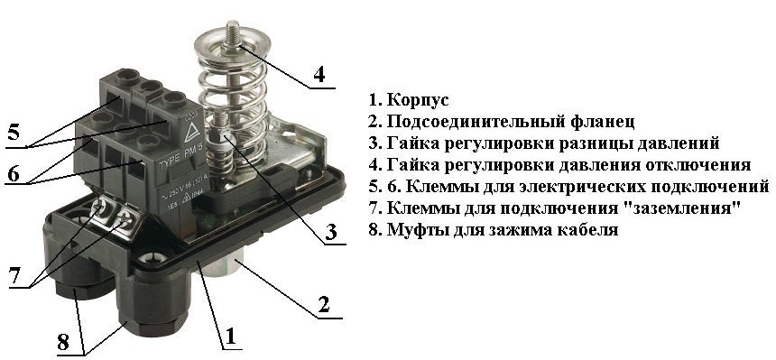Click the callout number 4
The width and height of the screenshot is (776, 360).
(319, 74)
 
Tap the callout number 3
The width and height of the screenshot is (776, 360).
(331, 231)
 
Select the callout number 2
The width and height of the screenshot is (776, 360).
(324, 304)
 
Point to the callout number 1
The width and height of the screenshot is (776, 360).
(230, 337)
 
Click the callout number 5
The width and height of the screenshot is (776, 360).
(14, 133)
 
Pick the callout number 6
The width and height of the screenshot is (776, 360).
(14, 173)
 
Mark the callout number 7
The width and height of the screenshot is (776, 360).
(15, 275)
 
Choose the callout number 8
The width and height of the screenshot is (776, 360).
(63, 343)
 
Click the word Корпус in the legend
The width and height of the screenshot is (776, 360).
(418, 100)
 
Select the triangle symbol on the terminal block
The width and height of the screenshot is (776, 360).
(190, 134)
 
